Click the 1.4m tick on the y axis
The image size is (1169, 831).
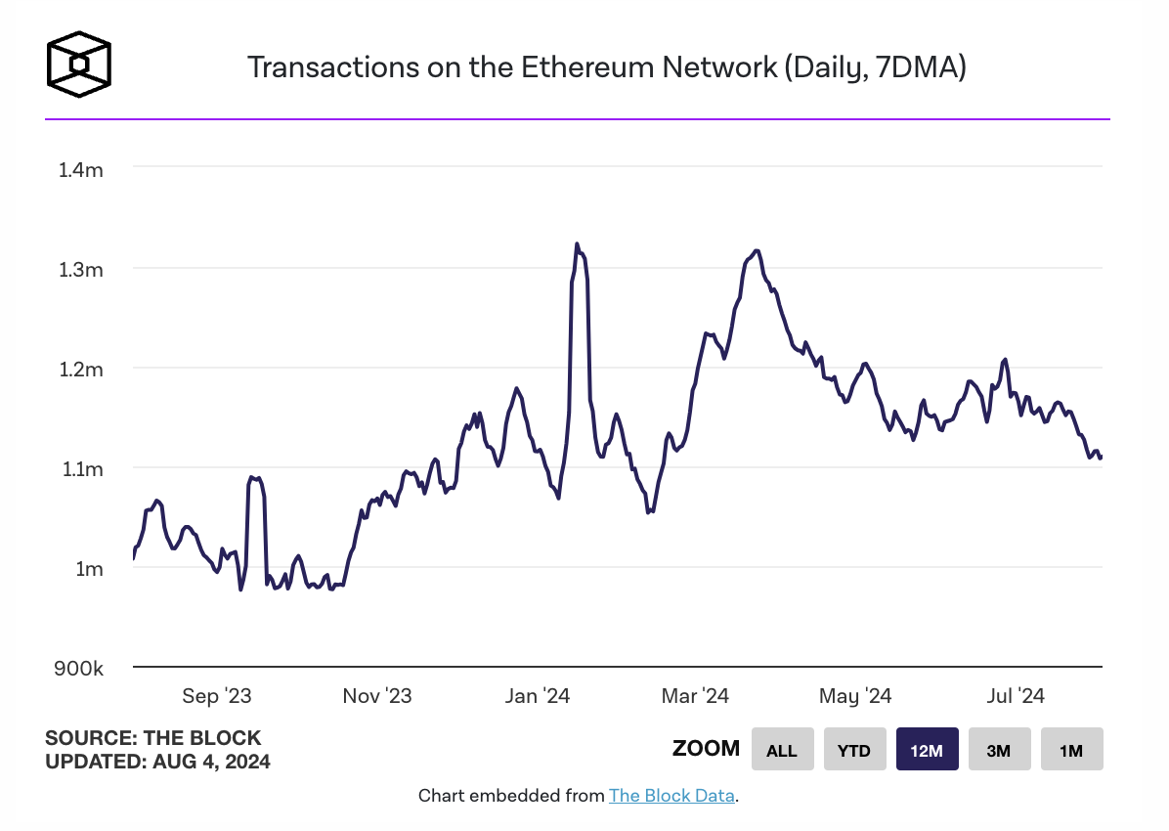[81, 170]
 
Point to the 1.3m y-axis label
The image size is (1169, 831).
[81, 270]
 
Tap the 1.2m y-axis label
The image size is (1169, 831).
[81, 370]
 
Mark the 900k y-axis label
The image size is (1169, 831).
[79, 670]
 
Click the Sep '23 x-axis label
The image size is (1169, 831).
[217, 696]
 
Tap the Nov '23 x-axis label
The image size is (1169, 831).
[376, 696]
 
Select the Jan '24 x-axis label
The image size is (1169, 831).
[537, 696]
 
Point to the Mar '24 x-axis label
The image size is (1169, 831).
[695, 696]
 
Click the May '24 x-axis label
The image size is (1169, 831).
[855, 696]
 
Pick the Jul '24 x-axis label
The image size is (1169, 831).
[1015, 696]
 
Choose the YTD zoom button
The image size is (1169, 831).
[854, 750]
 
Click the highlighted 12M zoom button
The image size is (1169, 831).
[927, 750]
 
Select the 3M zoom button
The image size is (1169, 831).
[999, 750]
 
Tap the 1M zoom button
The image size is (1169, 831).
[1071, 750]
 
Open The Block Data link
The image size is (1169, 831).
[671, 796]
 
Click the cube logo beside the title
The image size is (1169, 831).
[79, 66]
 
